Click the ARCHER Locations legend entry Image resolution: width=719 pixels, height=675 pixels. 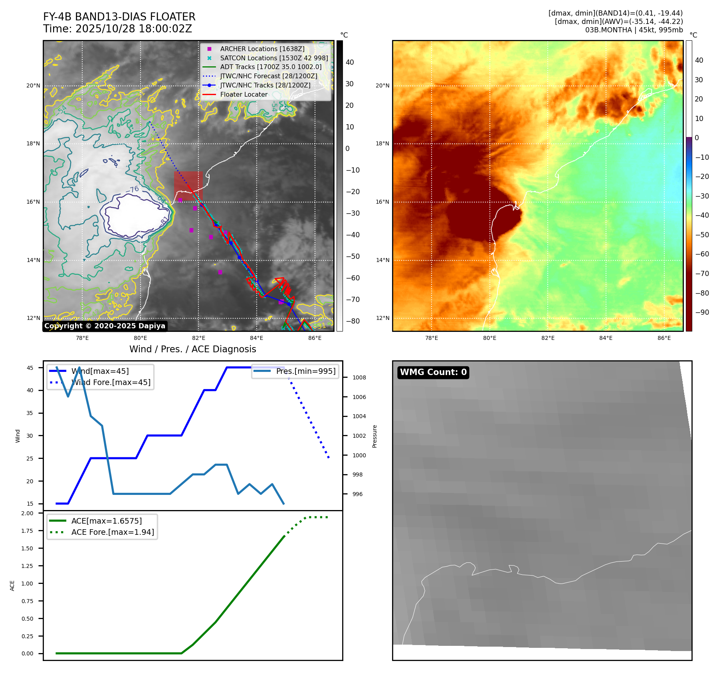tap(262, 49)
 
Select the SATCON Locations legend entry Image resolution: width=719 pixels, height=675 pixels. tap(274, 58)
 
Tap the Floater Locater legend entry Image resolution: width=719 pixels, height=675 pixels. tap(244, 94)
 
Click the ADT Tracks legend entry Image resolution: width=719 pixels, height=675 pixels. tap(271, 67)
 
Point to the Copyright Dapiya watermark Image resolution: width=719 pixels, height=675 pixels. tap(105, 326)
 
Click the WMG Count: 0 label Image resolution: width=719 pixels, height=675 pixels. tap(433, 372)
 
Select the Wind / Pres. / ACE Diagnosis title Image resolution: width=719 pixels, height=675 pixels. tap(192, 349)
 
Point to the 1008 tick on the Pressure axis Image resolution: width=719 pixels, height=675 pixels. tap(359, 377)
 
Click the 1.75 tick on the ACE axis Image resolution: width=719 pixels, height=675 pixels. tap(28, 531)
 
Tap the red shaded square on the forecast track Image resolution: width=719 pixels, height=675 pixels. tap(188, 186)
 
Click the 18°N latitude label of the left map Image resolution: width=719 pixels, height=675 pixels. tap(34, 144)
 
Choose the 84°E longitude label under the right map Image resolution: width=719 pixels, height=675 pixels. tap(606, 338)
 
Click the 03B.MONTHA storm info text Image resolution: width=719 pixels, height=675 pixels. tap(634, 30)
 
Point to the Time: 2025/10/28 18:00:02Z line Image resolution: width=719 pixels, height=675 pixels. tap(118, 29)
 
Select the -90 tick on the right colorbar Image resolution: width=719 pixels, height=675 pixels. tap(702, 312)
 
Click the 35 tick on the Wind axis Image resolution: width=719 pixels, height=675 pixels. tap(30, 413)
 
